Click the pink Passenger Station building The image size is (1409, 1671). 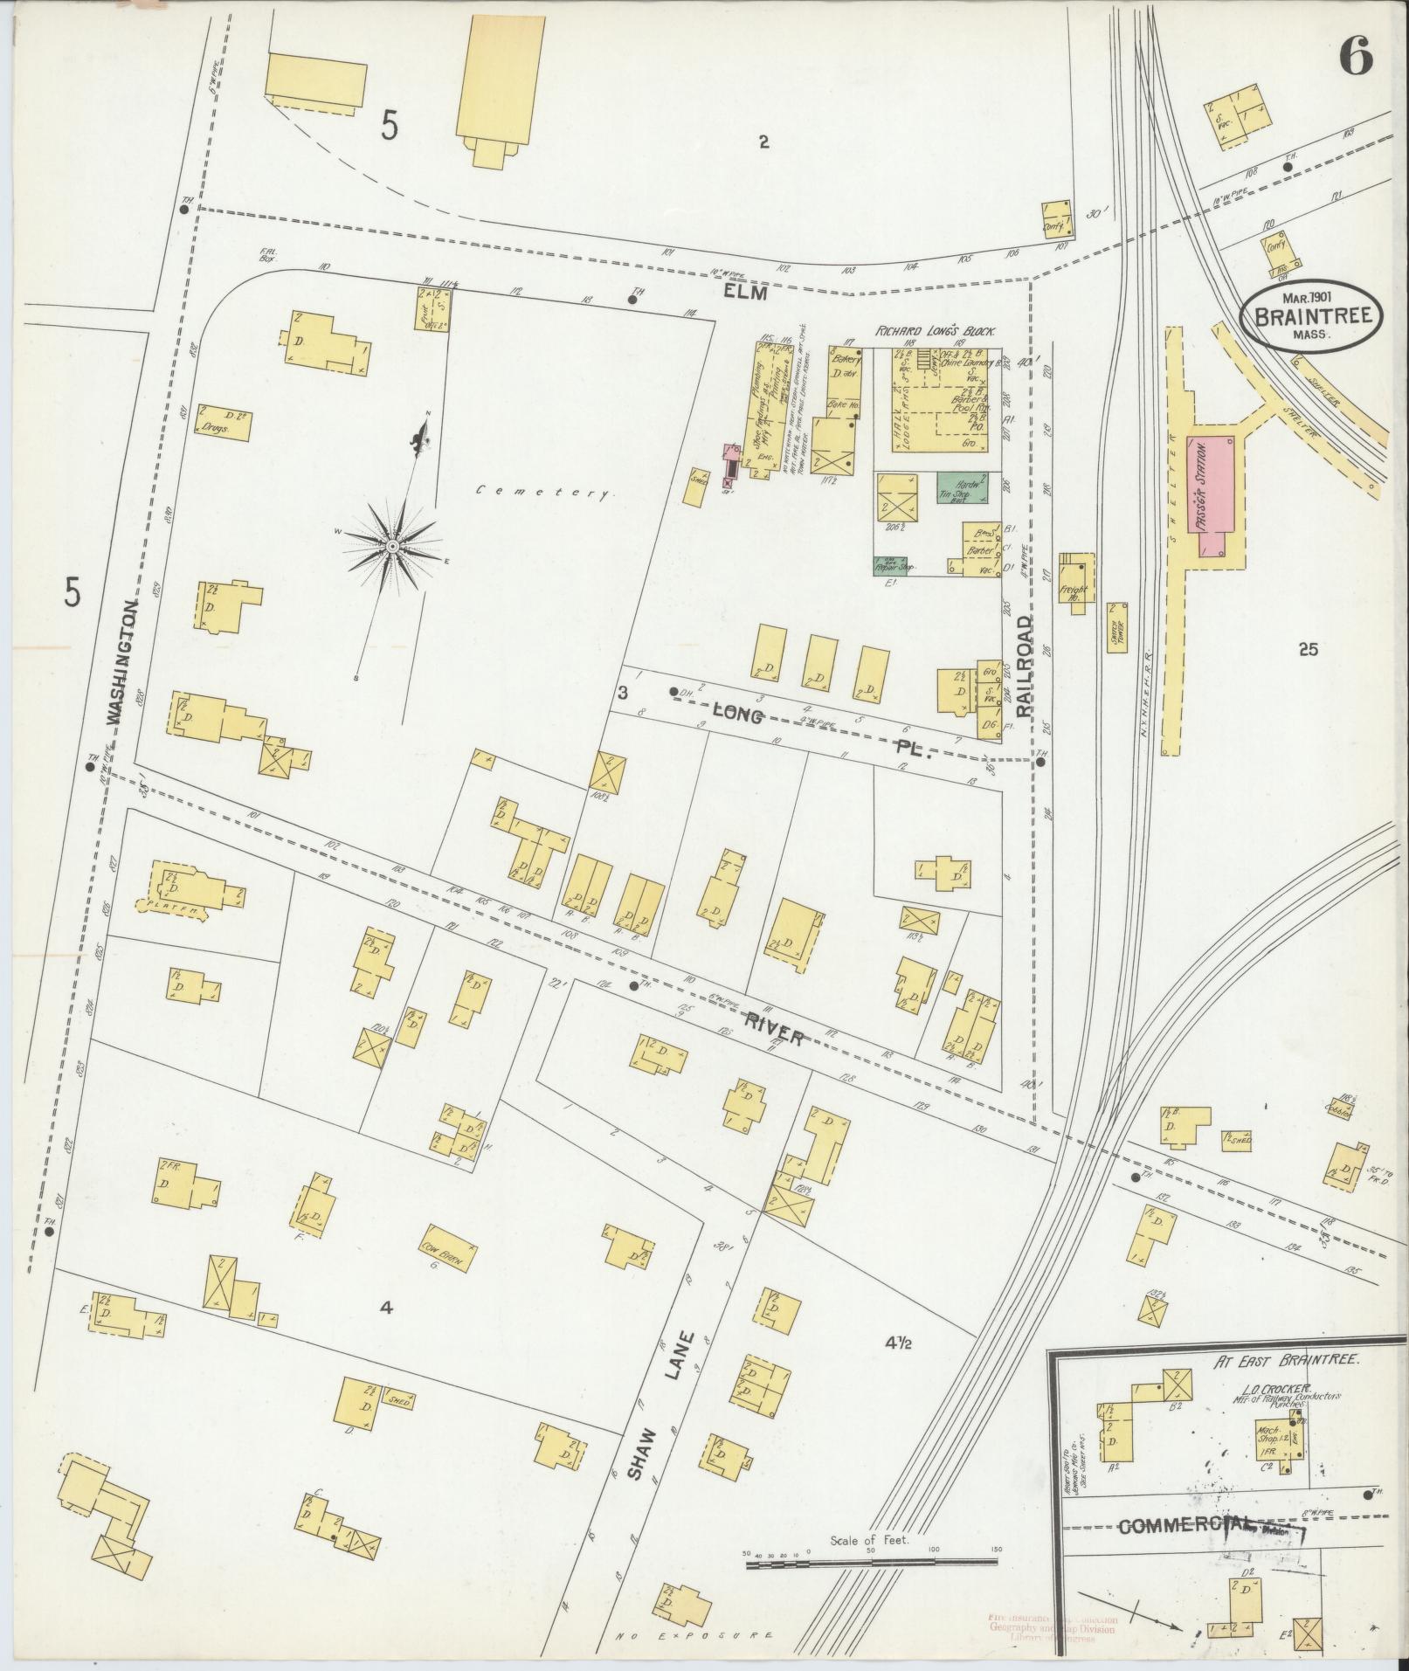click(1210, 496)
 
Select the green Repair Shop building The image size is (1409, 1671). click(894, 565)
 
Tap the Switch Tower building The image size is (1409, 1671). click(1115, 628)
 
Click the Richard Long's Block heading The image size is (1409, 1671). click(936, 333)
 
